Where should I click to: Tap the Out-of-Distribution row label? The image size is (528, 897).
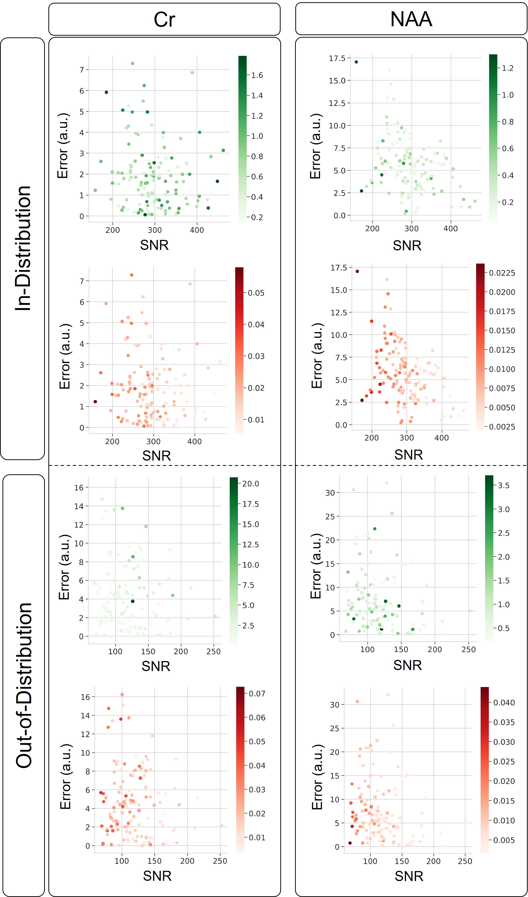[24, 685]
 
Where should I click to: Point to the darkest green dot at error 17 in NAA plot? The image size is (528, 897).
[356, 62]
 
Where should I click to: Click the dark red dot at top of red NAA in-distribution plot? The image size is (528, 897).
[357, 271]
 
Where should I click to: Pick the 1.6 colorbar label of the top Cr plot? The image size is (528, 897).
[257, 75]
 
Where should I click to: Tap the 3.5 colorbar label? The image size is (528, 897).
[504, 486]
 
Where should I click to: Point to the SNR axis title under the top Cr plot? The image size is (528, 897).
[154, 245]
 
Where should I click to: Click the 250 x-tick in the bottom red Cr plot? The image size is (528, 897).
[220, 861]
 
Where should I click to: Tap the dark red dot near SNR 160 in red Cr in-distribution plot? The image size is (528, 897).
[95, 401]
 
